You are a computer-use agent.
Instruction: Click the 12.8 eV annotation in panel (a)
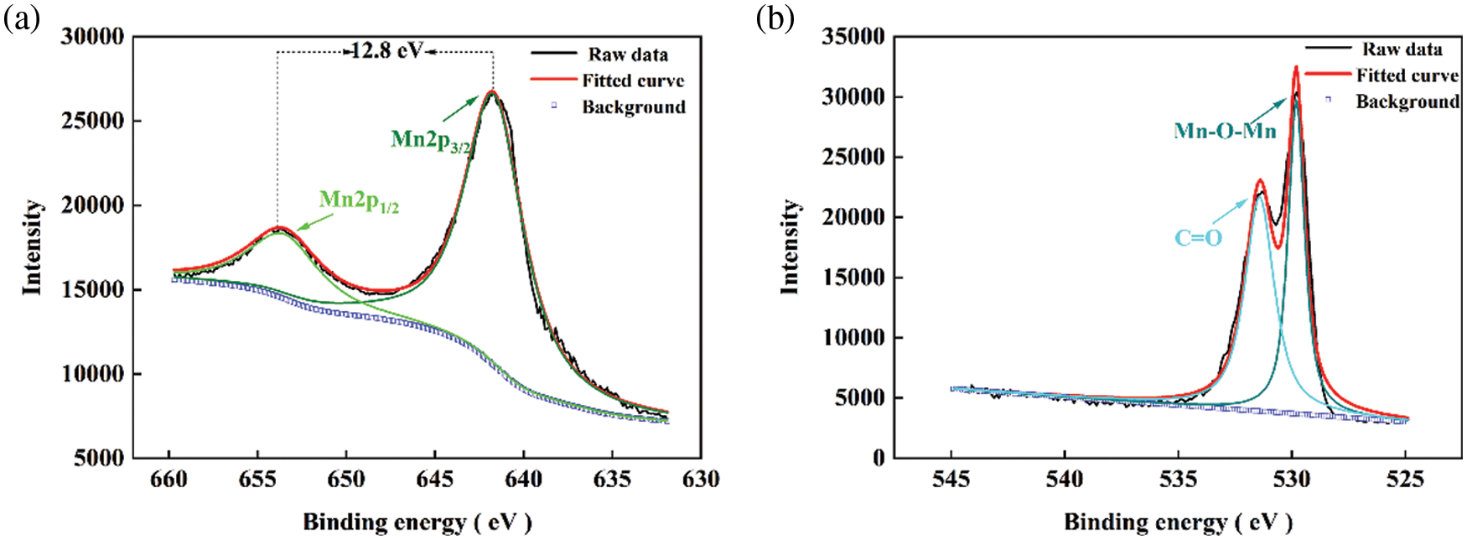click(x=386, y=51)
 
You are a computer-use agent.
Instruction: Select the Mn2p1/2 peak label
click(x=359, y=201)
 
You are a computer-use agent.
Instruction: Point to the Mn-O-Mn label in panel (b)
click(x=1225, y=131)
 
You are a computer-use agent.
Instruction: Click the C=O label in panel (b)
click(x=1198, y=238)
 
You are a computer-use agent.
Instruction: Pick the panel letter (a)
click(x=21, y=18)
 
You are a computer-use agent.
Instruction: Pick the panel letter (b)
click(x=775, y=18)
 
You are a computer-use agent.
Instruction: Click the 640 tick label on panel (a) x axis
click(x=523, y=480)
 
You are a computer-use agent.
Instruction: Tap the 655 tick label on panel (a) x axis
click(x=257, y=480)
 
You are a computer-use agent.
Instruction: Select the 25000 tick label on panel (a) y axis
click(x=92, y=121)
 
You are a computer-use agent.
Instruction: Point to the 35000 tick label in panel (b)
click(x=853, y=37)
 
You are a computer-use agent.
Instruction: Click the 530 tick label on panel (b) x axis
click(x=1292, y=480)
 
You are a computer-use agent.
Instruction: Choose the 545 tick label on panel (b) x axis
click(x=951, y=480)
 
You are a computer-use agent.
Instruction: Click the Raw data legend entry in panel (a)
click(x=628, y=55)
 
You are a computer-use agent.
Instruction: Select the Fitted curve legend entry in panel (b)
click(x=1407, y=75)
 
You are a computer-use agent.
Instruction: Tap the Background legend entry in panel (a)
click(x=633, y=107)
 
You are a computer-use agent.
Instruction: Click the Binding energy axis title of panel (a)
click(x=417, y=522)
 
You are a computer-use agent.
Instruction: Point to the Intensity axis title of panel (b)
click(x=790, y=247)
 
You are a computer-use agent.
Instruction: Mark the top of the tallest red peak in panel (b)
click(x=1296, y=67)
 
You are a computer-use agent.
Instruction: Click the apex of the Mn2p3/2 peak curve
click(x=492, y=91)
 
